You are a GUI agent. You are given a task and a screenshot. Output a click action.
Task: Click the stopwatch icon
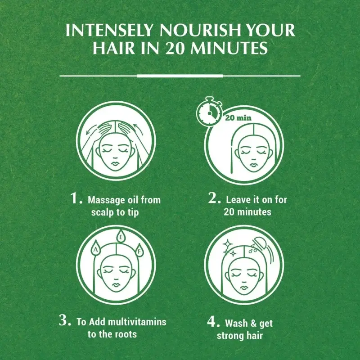[209, 111]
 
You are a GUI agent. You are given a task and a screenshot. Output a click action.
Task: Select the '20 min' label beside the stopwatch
[238, 118]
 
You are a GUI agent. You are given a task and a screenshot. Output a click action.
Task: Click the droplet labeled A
[96, 249]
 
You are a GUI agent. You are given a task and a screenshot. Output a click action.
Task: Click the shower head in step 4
[260, 243]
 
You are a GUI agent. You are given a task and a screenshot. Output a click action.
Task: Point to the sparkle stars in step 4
[230, 248]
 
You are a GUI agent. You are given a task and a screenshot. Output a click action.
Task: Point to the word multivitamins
[137, 322]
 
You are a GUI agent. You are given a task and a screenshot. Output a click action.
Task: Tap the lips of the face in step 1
[116, 164]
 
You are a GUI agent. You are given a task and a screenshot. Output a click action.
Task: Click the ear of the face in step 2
[270, 153]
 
